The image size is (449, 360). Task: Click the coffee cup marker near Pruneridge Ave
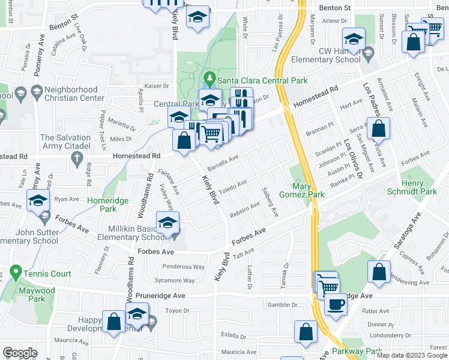point(336,304)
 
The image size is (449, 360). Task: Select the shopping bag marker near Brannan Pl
point(379,128)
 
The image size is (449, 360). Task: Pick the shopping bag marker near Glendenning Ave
point(380,272)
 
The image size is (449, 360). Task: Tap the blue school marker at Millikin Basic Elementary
point(167,223)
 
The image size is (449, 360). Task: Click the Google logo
point(20,353)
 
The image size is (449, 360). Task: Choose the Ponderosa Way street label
point(183,267)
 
